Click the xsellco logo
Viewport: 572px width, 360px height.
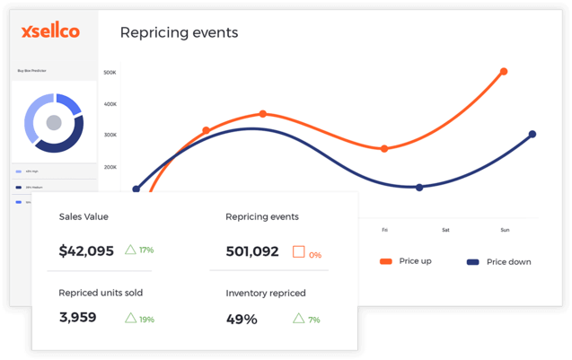click(x=50, y=31)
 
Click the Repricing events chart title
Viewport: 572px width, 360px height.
click(x=179, y=33)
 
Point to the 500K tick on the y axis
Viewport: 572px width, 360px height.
click(x=110, y=73)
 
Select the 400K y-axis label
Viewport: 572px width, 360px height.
click(x=110, y=104)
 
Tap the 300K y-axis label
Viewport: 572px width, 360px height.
click(x=110, y=136)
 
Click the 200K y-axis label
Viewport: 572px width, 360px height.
click(x=110, y=167)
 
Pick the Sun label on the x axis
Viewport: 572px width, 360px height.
click(x=505, y=230)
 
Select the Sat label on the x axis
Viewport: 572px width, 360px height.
click(x=445, y=230)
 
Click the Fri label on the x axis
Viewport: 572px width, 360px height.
click(x=385, y=230)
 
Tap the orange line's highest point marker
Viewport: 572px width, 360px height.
click(x=504, y=72)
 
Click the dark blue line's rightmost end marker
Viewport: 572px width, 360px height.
click(x=532, y=135)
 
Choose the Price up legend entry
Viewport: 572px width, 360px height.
click(x=413, y=261)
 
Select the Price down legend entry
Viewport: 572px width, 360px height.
click(x=508, y=262)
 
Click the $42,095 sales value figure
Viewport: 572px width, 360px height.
click(x=86, y=251)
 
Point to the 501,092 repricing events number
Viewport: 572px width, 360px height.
click(x=252, y=252)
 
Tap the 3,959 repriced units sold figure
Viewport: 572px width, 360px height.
click(x=77, y=318)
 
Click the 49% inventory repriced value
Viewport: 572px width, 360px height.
click(x=242, y=319)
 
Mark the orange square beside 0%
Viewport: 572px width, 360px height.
click(x=298, y=252)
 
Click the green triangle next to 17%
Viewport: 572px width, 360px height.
click(x=130, y=250)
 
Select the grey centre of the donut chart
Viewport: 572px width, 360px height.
click(x=54, y=122)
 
